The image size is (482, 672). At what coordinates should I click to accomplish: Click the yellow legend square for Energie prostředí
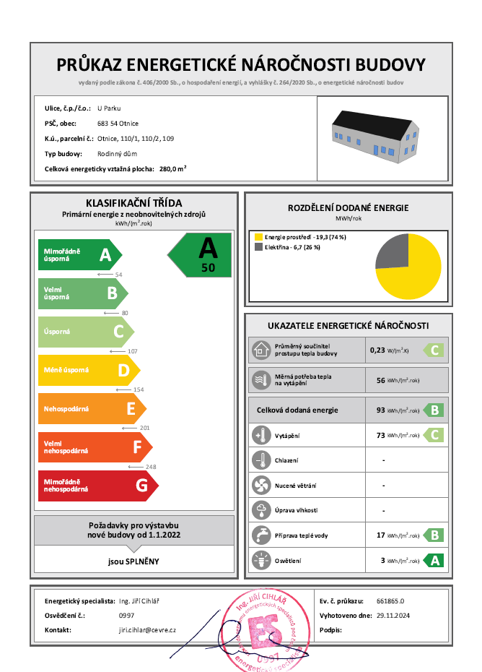[258, 236]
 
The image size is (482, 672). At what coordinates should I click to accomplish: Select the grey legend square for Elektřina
[258, 247]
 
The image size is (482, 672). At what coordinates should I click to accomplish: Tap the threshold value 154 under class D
[139, 389]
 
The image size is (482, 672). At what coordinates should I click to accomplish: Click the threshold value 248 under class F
[151, 467]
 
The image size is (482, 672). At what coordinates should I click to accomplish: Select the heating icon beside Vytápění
[260, 435]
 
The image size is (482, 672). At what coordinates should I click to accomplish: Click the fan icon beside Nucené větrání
[260, 486]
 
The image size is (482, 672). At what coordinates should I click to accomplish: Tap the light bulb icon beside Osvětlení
[260, 560]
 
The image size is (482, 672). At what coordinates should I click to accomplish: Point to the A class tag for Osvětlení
[433, 560]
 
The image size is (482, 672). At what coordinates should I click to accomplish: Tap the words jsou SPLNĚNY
[133, 561]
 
